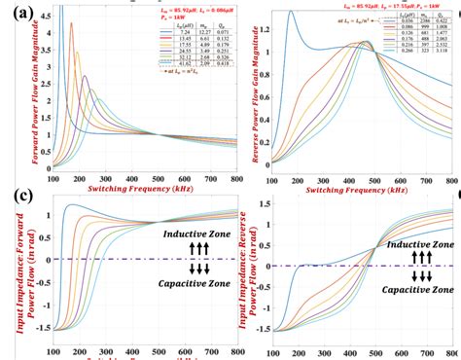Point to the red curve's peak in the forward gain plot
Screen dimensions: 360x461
153,25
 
